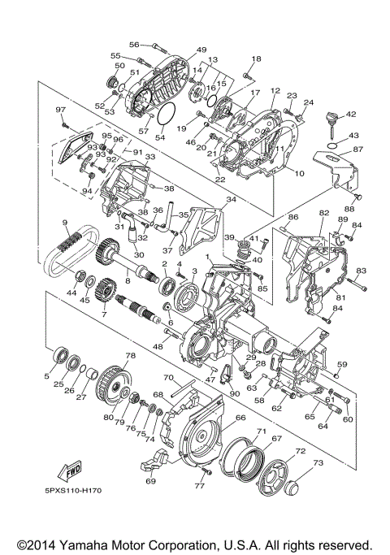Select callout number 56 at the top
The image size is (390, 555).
135,45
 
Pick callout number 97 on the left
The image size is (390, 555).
60,110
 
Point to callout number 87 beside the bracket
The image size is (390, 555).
358,149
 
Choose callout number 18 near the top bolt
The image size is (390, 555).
257,59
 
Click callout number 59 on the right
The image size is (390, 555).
342,364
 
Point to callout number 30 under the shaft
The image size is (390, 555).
139,255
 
